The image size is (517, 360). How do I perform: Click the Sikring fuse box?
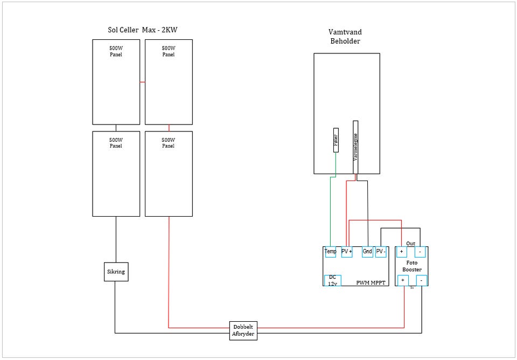(116, 272)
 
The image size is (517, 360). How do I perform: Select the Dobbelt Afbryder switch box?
(243, 330)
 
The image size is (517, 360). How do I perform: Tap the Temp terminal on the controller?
(330, 252)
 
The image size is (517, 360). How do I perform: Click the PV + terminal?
(347, 252)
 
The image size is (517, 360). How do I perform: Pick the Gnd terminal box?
(367, 252)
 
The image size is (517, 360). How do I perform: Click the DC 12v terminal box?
(332, 280)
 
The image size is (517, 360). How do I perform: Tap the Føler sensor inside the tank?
(336, 140)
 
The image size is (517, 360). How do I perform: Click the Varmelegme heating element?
(355, 147)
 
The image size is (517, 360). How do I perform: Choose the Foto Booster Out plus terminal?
(402, 252)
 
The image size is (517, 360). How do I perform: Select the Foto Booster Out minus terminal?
(420, 252)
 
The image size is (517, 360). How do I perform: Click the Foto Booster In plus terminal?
(403, 280)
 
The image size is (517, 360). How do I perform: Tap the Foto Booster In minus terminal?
(421, 280)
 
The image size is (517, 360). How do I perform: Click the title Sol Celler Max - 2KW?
(142, 30)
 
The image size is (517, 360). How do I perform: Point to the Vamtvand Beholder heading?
(345, 37)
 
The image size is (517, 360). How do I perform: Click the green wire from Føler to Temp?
(330, 210)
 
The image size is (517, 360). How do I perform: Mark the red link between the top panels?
(142, 82)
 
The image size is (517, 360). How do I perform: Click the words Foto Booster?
(412, 266)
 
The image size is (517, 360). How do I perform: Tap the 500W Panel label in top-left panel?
(116, 51)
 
